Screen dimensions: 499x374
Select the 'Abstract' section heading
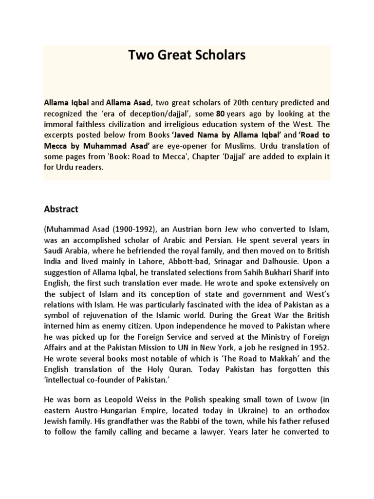[x=61, y=209]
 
